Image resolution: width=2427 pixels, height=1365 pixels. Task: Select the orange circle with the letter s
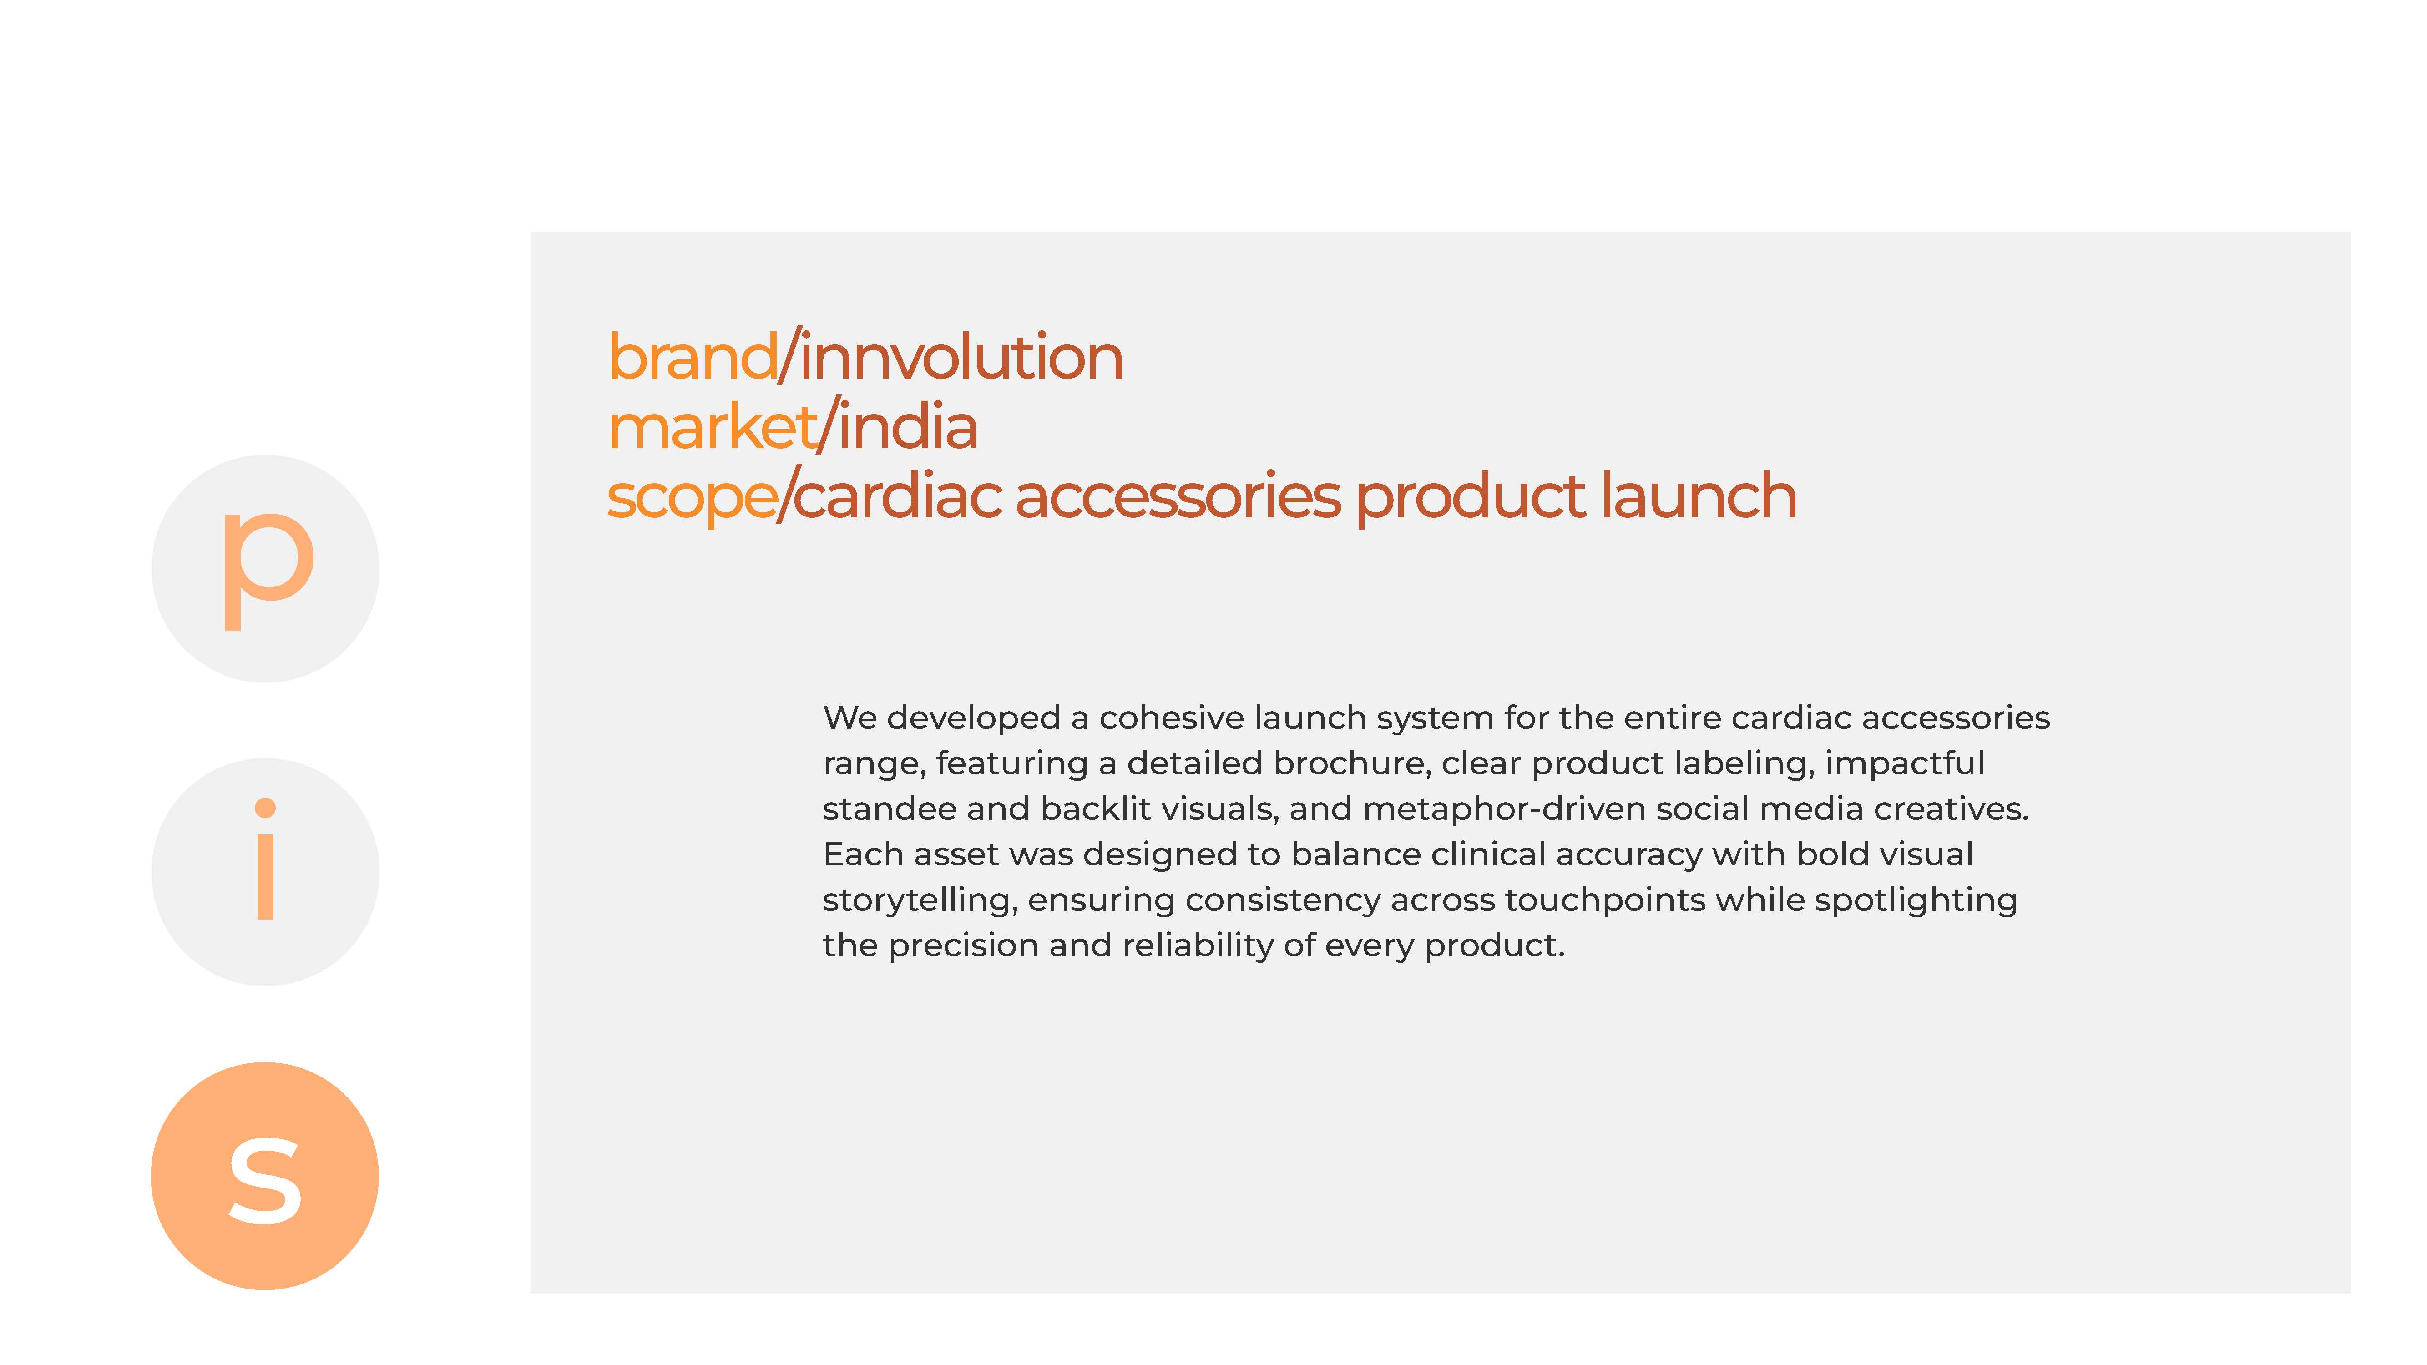click(265, 1176)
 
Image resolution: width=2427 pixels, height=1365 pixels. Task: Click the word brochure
click(1351, 763)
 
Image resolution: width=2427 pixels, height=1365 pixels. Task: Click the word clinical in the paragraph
click(1491, 854)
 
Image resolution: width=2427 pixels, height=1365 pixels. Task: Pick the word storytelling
click(920, 900)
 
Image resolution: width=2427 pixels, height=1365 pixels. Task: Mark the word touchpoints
click(1604, 900)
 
